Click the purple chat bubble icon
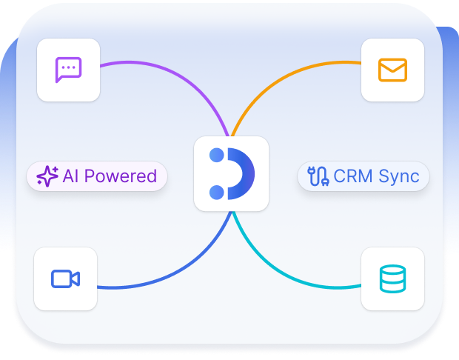(68, 70)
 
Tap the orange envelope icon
(392, 70)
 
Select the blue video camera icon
(65, 279)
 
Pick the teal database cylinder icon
(392, 279)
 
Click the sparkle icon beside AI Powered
(47, 176)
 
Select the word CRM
(353, 176)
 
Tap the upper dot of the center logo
(217, 156)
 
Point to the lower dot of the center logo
(217, 193)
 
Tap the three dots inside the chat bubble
(68, 68)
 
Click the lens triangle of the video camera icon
(76, 279)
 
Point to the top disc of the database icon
(392, 270)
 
